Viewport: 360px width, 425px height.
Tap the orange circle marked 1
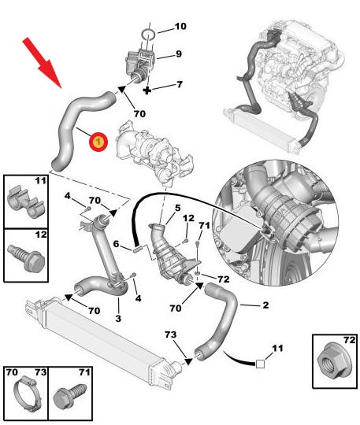[x=98, y=142]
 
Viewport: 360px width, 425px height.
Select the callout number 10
[x=180, y=26]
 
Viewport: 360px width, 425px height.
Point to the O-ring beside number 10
[x=149, y=33]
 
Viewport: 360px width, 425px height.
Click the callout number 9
[x=178, y=54]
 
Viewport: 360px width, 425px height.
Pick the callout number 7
[x=179, y=84]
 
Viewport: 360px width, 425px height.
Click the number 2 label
[x=265, y=305]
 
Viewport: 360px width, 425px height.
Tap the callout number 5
[x=166, y=208]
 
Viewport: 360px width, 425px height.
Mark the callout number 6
[x=116, y=245]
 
